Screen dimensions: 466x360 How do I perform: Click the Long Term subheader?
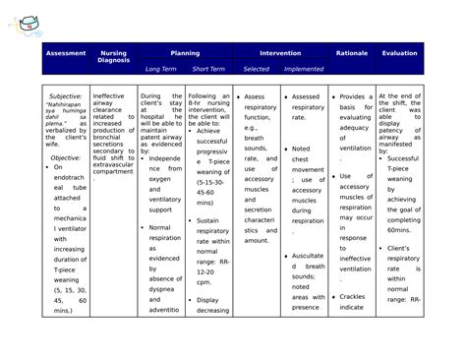(x=161, y=70)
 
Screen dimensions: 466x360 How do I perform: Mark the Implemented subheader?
(x=304, y=70)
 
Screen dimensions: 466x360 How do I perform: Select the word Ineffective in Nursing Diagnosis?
(x=108, y=96)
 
